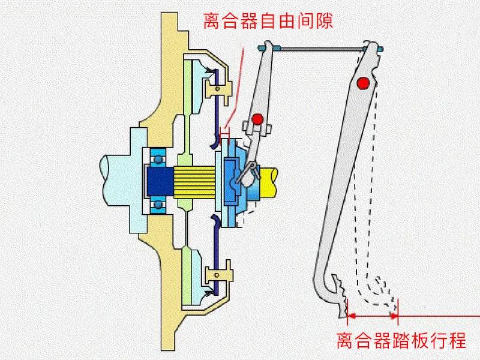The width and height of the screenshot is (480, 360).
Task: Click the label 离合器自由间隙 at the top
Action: point(268,22)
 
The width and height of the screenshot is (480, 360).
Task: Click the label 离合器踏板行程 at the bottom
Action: point(401,341)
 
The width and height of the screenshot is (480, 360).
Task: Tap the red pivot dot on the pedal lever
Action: point(362,83)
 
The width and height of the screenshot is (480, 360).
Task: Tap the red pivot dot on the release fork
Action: point(257,119)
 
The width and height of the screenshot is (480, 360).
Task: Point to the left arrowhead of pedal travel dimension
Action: point(351,314)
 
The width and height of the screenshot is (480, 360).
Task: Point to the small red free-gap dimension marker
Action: point(225,130)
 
